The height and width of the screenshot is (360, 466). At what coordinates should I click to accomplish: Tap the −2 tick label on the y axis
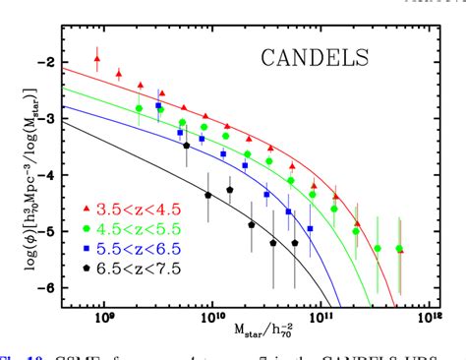pos(43,61)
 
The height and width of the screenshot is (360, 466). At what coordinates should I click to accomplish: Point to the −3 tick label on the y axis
pos(43,117)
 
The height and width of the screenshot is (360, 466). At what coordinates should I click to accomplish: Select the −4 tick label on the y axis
pos(43,174)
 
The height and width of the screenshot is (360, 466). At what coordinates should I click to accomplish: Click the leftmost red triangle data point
pos(97,60)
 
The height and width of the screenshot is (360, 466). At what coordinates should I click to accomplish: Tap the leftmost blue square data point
pos(158,106)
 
